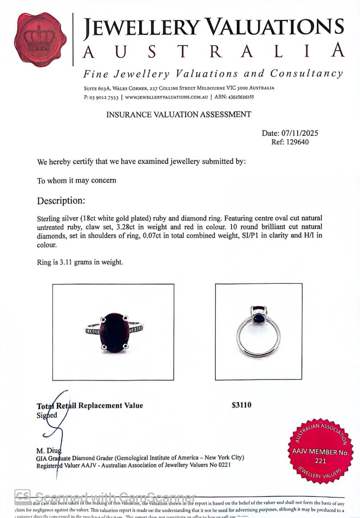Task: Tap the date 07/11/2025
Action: (x=300, y=133)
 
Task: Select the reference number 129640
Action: (x=297, y=142)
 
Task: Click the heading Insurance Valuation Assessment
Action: (x=179, y=115)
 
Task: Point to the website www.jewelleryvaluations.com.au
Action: (x=167, y=97)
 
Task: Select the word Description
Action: (x=61, y=201)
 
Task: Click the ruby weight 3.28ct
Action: (x=137, y=227)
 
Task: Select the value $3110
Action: (x=242, y=405)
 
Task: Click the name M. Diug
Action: (x=49, y=451)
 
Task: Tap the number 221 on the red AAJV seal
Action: (x=320, y=461)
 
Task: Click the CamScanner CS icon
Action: (x=22, y=497)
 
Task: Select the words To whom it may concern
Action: (x=76, y=180)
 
